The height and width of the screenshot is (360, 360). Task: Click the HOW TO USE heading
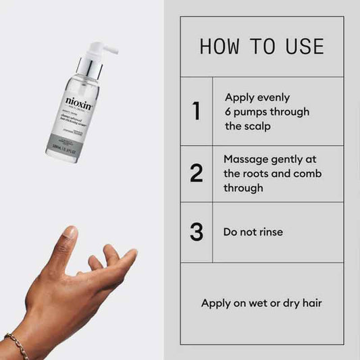tap(262, 47)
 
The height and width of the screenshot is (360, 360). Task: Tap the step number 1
tap(197, 111)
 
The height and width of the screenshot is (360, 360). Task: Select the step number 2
tap(197, 174)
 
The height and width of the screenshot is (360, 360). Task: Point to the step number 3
tap(197, 232)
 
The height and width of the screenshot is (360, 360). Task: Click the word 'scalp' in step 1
tap(257, 126)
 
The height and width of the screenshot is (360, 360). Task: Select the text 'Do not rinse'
tap(253, 232)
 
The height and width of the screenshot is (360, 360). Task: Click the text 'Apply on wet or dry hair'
tap(262, 303)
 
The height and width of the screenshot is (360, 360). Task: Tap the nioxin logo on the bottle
tap(78, 102)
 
